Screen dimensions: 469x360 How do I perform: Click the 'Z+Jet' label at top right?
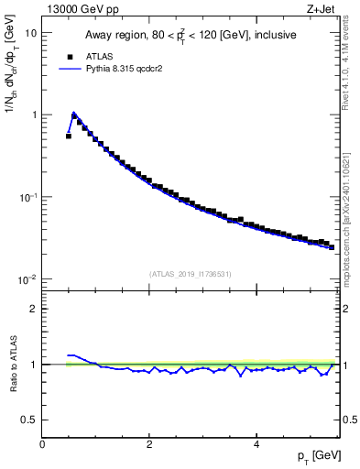[x=321, y=9]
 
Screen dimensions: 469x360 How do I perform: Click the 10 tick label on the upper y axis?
[x=31, y=33]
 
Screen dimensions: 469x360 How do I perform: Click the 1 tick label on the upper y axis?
[x=34, y=115]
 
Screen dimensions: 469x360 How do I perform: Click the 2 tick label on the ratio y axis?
[x=34, y=309]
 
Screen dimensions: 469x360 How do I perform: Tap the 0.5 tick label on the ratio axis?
[x=30, y=420]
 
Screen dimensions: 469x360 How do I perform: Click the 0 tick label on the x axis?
[x=42, y=444]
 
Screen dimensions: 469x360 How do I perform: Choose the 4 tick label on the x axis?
[x=256, y=444]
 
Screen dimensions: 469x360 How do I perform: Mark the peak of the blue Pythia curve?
[x=74, y=114]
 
